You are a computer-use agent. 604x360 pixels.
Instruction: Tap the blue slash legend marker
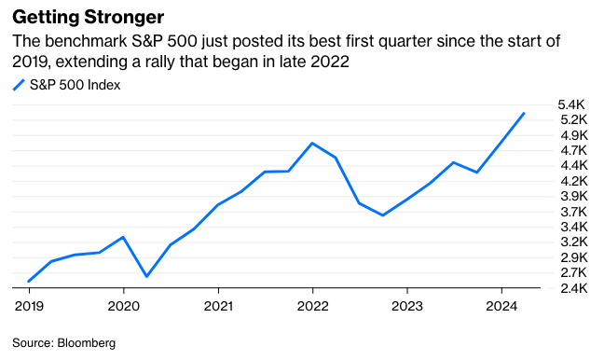tap(18, 85)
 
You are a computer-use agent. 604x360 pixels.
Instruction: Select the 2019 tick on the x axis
tap(28, 305)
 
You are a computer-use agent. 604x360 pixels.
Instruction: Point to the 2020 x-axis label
tap(123, 305)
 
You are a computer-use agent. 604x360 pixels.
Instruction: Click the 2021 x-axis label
tap(217, 305)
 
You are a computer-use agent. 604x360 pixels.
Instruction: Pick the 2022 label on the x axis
tap(312, 305)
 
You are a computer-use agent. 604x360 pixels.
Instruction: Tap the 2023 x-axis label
tap(407, 305)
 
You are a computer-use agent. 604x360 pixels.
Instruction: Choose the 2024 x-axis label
tap(501, 305)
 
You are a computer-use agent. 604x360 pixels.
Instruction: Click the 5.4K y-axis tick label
tap(570, 104)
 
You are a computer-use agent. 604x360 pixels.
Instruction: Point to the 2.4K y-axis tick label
tap(570, 288)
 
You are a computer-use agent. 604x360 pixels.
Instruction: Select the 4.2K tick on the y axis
tap(570, 181)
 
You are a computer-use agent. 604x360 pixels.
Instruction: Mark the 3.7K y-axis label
tap(570, 212)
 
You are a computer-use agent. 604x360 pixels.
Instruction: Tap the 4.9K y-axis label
tap(570, 135)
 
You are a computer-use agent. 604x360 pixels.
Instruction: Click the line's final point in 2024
tap(524, 113)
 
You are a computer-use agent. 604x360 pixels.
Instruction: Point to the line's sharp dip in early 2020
tap(146, 276)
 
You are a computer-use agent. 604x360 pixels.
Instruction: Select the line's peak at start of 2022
tap(312, 143)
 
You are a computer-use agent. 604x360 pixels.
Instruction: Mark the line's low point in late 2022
tap(383, 215)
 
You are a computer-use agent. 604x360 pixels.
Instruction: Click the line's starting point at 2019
tap(29, 281)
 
